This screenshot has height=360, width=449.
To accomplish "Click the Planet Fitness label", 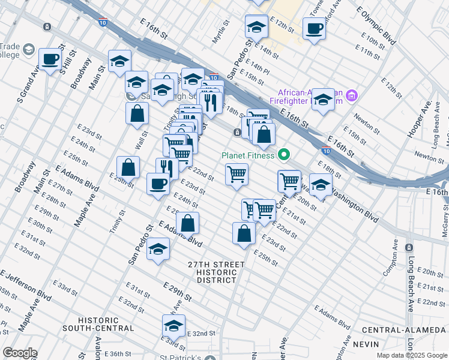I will coord(247,155).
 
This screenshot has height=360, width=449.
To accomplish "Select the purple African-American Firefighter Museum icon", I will coord(352,95).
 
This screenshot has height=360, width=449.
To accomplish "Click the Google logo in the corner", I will coord(20,353).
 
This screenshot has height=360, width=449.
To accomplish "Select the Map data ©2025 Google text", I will coord(412,355).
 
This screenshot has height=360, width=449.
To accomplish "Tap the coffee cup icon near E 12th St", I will coord(314,28).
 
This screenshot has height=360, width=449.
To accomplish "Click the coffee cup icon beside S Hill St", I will coord(50,59).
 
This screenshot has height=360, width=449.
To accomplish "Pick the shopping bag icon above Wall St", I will coord(137,112).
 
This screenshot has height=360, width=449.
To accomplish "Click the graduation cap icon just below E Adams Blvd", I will coord(158,249).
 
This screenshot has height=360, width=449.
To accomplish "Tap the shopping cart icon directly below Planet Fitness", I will coord(237,174).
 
